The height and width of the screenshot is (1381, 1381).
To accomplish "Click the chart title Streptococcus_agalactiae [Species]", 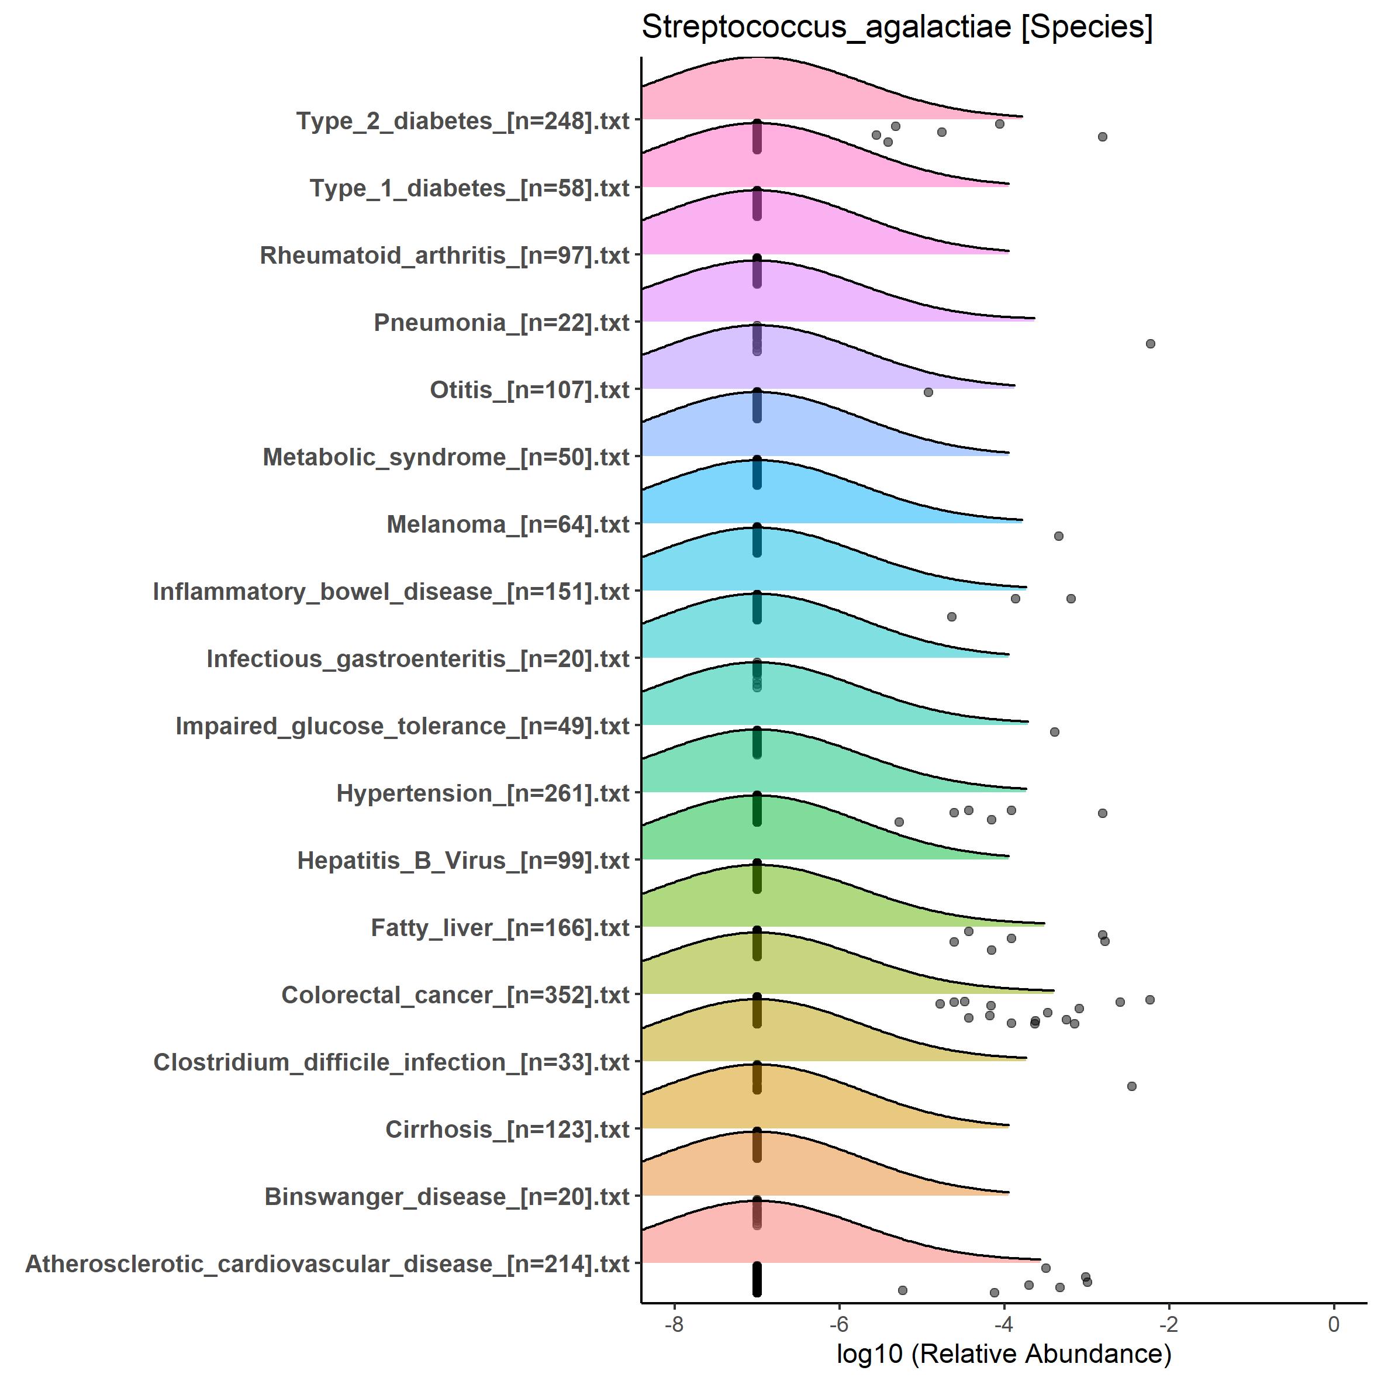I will [897, 27].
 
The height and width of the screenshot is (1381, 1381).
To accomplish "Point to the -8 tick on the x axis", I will [674, 1324].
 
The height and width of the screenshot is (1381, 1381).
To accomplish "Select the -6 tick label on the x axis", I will [838, 1324].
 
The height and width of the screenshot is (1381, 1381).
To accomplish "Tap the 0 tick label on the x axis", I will [1334, 1324].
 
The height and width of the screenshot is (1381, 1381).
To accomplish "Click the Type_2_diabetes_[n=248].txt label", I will [462, 121].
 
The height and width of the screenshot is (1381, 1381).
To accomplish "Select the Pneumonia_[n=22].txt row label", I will [501, 322].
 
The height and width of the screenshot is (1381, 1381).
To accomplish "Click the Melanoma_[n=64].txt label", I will [507, 524].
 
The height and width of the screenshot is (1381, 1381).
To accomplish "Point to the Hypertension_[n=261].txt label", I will [482, 793].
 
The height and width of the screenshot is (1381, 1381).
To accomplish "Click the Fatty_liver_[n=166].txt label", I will [500, 927].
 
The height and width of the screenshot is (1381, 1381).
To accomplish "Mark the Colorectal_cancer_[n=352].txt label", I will [455, 995].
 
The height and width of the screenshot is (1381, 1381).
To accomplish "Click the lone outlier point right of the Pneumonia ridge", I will [1150, 344].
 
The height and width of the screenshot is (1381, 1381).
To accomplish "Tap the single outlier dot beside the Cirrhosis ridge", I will [1131, 1086].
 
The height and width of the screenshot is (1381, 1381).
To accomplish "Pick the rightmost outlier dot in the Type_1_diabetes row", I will [1102, 137].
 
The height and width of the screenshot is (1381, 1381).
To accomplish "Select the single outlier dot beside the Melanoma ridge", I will [1059, 536].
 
